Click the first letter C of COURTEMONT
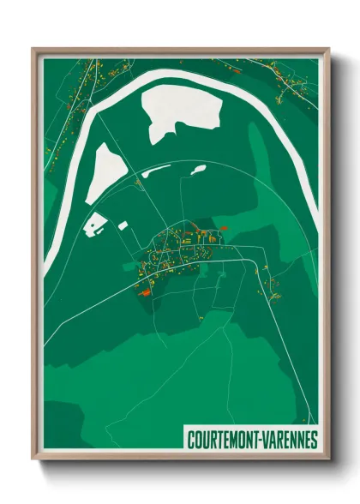[191, 440]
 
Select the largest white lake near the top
[180, 111]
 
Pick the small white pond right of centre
[197, 170]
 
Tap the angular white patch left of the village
[95, 225]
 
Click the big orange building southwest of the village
[144, 291]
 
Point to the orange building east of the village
[225, 227]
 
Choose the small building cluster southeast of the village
[274, 287]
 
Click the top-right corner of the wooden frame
[328, 49]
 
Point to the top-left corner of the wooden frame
[33, 49]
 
